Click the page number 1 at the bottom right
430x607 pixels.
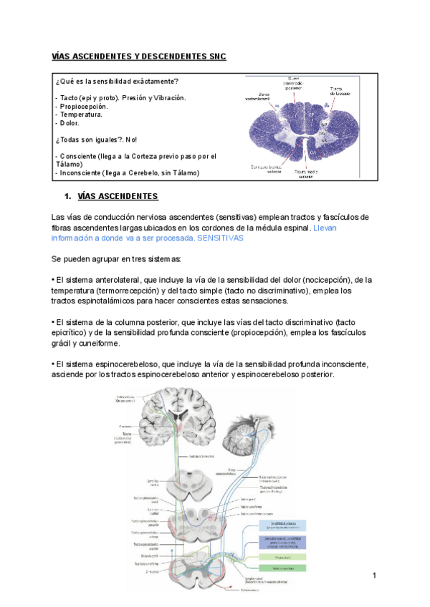coord(374,576)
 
